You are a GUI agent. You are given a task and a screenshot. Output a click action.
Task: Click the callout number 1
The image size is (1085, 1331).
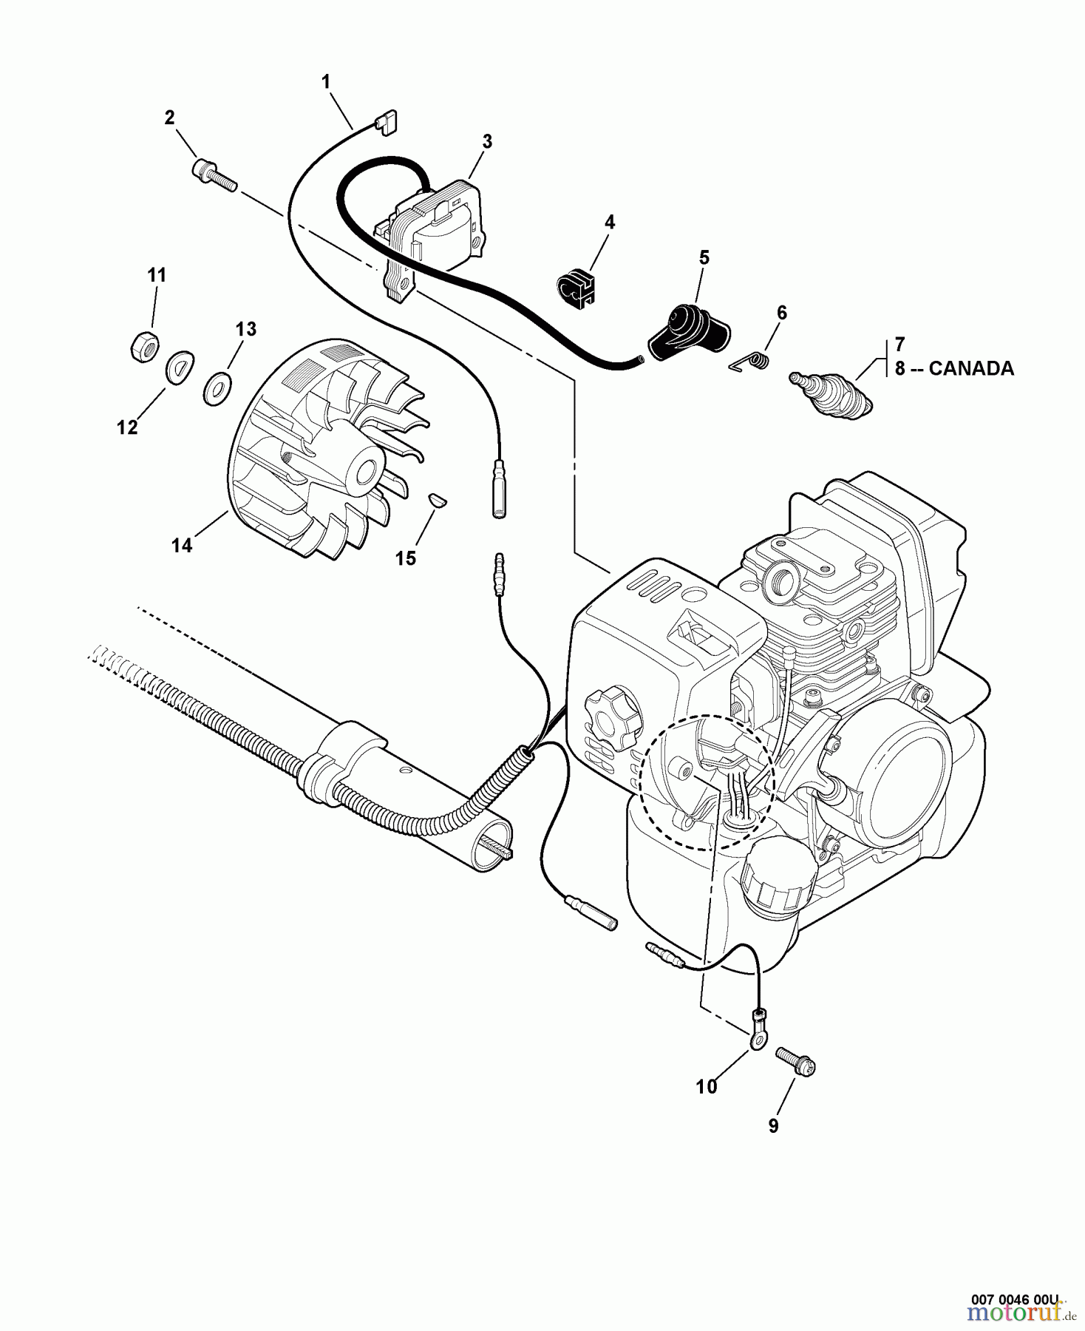pos(326,82)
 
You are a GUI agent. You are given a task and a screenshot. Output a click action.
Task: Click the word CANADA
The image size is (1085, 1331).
pos(970,368)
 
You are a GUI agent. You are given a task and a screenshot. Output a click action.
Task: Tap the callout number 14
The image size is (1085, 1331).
pos(182,545)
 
